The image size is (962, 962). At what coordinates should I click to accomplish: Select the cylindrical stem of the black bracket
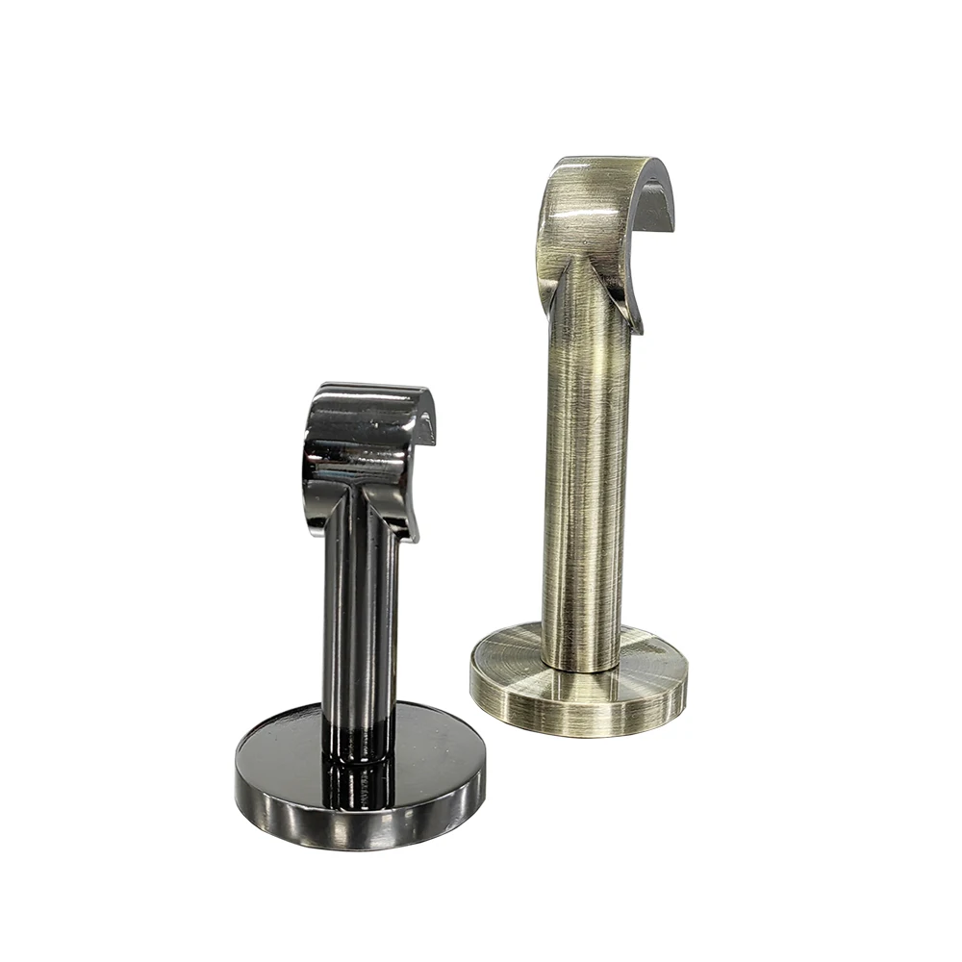(x=361, y=616)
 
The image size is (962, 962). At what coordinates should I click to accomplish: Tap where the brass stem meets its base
(x=583, y=664)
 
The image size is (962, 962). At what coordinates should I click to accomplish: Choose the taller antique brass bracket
(x=582, y=433)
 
